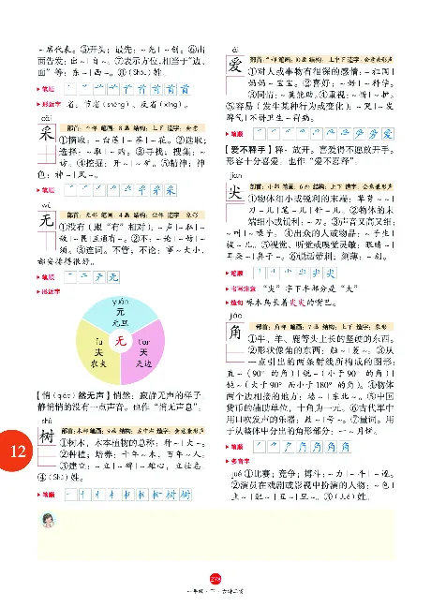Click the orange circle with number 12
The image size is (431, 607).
coord(17,452)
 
